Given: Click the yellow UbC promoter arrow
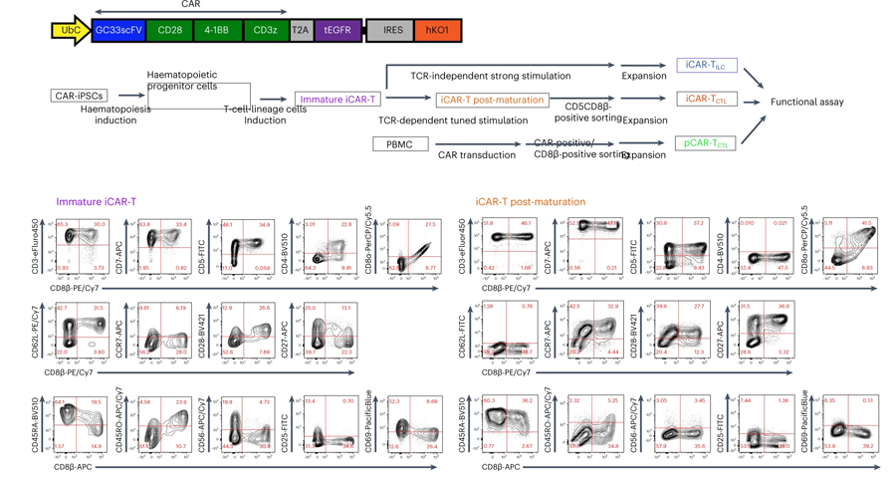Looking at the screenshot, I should point(71,31).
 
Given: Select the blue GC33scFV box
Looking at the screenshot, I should point(118,31).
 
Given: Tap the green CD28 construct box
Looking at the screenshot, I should point(168,31).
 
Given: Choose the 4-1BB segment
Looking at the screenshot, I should point(216,31).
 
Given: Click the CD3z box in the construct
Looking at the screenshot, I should point(265,31).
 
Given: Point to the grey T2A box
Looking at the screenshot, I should point(301,31).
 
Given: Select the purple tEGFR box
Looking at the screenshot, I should point(337,31).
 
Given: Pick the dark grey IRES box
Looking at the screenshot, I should point(393,31).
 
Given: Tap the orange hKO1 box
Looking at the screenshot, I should point(437,31).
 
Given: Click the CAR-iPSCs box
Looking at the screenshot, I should point(79,97).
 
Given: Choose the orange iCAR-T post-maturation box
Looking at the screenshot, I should point(491,100).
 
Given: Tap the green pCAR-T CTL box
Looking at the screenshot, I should point(708,144).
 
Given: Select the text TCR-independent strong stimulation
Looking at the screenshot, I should point(491,76).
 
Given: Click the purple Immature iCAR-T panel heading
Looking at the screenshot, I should point(97,202).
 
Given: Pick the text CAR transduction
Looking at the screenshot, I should point(477,154).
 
